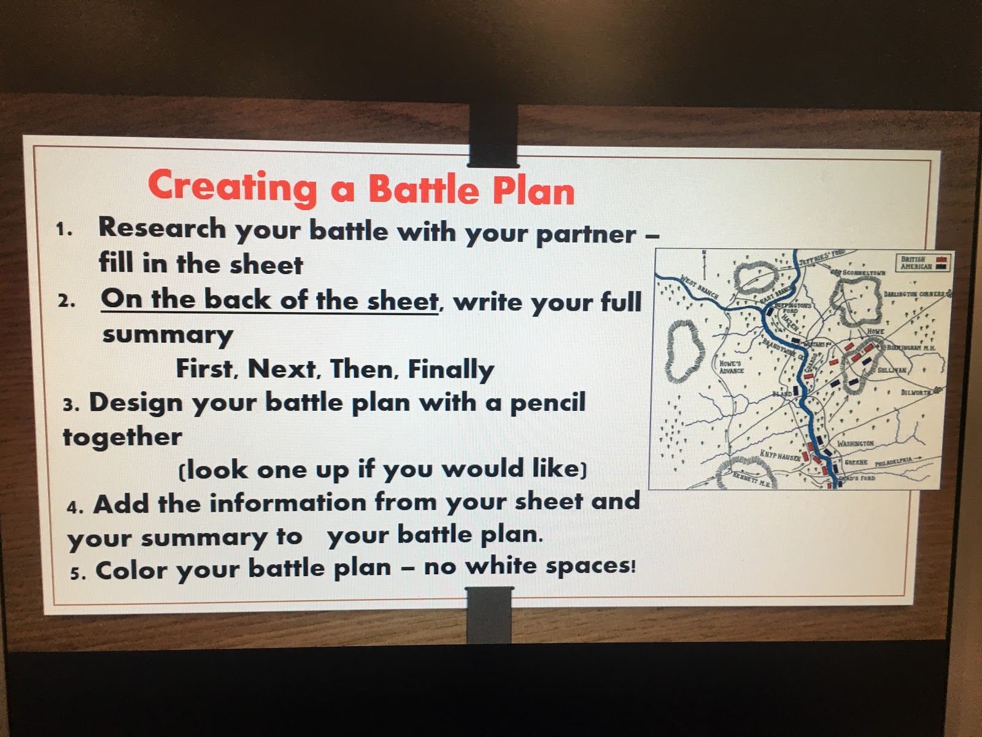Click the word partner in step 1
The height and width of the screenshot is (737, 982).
pos(586,234)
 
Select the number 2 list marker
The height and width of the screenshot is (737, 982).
pos(67,302)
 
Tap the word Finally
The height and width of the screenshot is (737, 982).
pos(451,370)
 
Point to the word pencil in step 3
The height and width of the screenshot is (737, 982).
pos(547,403)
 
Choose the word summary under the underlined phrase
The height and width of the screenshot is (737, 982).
pos(168,336)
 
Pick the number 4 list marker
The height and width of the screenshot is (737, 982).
pos(75,507)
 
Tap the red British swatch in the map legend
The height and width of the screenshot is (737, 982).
pos(941,260)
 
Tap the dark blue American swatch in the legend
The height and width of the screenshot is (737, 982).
pos(941,267)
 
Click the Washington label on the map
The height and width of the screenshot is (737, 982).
pos(855,443)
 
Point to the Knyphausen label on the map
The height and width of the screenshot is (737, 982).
pos(779,456)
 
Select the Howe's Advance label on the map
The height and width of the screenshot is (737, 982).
pos(731,367)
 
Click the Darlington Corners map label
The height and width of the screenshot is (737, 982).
pos(914,294)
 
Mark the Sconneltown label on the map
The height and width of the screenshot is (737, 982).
pos(864,272)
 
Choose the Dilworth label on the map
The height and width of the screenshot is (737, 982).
pos(915,392)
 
